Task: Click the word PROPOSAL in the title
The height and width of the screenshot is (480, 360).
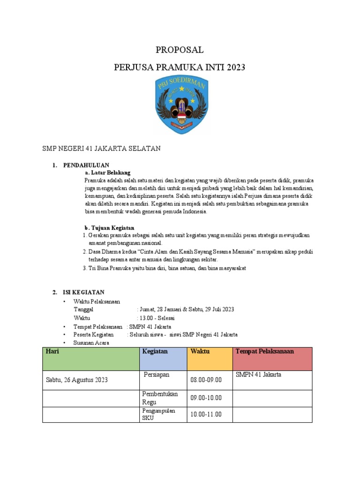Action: tap(180, 50)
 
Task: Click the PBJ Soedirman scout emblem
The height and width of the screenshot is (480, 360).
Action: tap(180, 105)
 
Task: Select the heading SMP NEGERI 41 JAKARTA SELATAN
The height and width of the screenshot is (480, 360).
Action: tap(101, 149)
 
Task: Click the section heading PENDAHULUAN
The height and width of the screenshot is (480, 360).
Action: tap(86, 165)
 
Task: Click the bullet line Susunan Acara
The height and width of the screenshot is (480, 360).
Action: tap(91, 343)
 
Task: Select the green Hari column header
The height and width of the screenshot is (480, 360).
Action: tap(91, 359)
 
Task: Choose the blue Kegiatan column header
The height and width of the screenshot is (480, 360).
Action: tap(162, 359)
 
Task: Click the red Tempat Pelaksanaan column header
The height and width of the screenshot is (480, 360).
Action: tap(272, 359)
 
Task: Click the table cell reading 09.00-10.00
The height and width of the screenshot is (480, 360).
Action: tap(206, 398)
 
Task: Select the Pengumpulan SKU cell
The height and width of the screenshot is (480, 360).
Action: tap(162, 414)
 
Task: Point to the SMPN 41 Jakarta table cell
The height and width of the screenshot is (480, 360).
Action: tap(272, 380)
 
